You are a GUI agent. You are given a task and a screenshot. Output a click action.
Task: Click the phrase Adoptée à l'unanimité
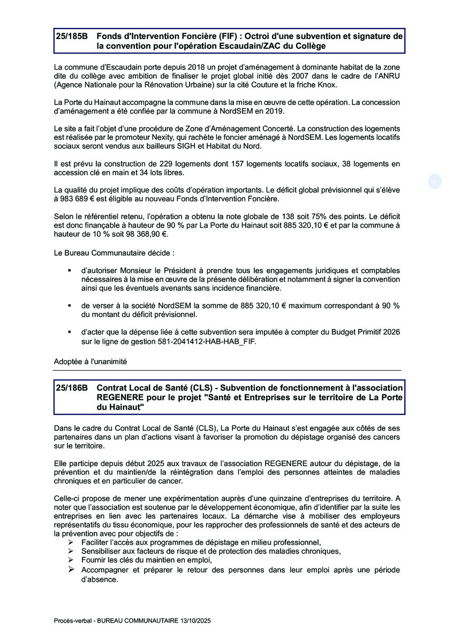90,362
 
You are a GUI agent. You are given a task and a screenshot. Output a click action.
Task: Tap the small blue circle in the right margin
434,182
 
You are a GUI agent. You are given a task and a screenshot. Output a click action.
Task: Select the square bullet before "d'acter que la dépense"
69,332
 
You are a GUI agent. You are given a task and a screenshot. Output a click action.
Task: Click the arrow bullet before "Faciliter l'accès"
70,542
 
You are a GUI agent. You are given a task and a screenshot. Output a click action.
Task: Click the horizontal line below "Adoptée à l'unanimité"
227,370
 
